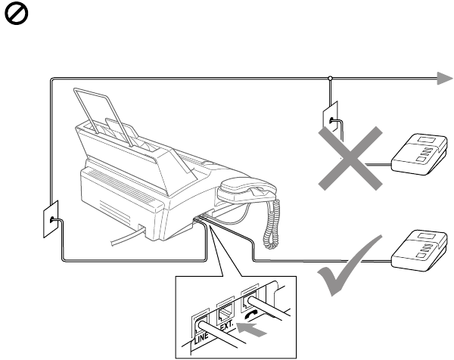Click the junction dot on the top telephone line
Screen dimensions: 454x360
click(x=331, y=77)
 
